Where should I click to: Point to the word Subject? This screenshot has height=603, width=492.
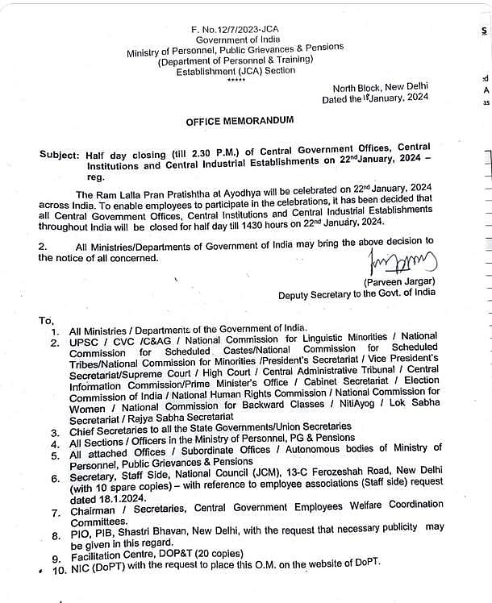[60, 152]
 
